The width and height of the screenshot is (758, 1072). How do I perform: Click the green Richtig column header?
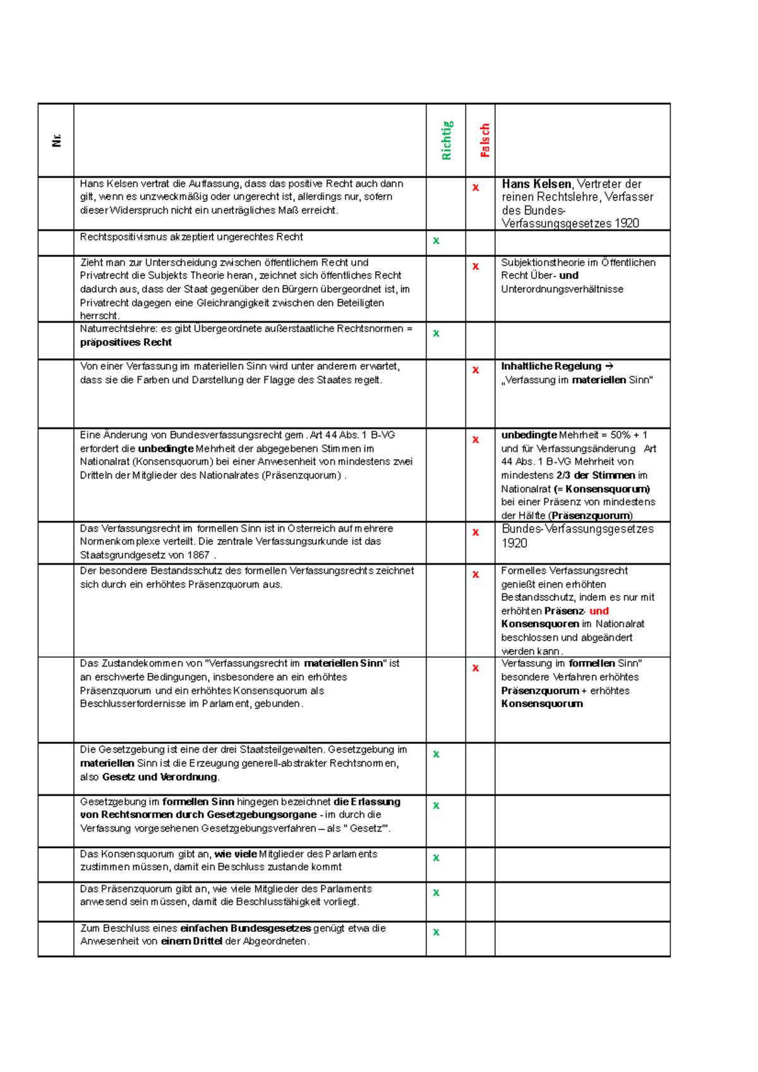(x=447, y=140)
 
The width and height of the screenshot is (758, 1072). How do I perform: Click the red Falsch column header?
(x=484, y=140)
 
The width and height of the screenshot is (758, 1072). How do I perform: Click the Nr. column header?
(x=56, y=140)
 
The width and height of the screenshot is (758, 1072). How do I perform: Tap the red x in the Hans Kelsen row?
(x=476, y=188)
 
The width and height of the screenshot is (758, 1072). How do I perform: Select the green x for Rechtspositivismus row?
(x=436, y=241)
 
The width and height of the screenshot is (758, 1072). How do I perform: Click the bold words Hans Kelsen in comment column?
(x=536, y=184)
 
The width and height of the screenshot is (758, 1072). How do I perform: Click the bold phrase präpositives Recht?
(x=126, y=342)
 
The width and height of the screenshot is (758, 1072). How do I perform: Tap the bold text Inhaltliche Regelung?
(x=551, y=366)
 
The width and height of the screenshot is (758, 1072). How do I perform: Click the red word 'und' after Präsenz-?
(x=599, y=610)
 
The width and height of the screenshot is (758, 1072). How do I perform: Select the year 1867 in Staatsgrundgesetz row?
(x=198, y=555)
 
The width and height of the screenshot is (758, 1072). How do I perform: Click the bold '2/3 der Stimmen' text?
(x=596, y=475)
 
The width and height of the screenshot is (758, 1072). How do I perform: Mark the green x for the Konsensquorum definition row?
(x=436, y=858)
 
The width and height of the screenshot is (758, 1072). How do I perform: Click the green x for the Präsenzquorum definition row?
(x=436, y=893)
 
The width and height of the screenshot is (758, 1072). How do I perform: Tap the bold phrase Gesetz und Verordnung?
(x=160, y=777)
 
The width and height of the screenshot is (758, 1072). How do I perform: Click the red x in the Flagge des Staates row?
(x=476, y=370)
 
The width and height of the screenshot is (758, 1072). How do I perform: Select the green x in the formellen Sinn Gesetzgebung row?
(x=436, y=806)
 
